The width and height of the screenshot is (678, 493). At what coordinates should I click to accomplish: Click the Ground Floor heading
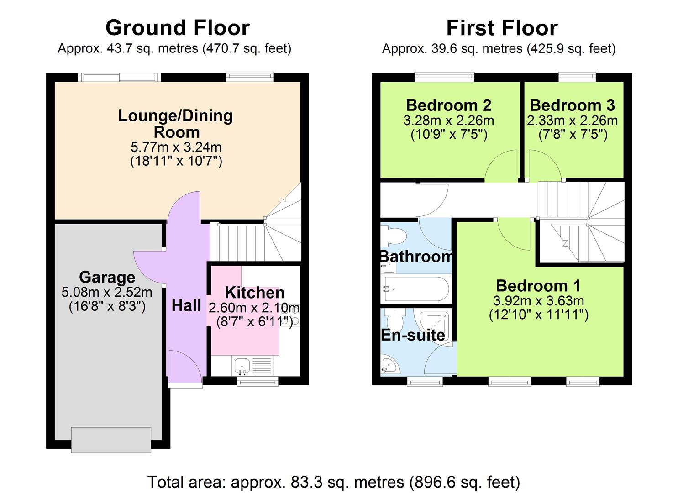pos(177,28)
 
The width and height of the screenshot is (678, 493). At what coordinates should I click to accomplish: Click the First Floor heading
pos(501,28)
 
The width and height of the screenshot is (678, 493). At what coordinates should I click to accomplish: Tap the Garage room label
pos(107,277)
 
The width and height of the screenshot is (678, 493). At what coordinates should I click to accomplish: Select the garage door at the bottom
pos(111,440)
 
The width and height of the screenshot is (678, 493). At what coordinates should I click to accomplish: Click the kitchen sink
pos(242,365)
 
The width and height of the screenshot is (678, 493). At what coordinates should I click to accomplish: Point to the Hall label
pos(186,305)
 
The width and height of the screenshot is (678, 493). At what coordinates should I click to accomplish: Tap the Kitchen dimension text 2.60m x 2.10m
pos(254,308)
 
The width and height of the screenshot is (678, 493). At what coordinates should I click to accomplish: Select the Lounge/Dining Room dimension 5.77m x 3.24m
pos(176,147)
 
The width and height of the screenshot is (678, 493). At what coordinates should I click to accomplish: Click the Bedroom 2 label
pos(448,105)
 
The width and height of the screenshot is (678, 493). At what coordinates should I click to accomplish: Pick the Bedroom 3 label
pos(572,105)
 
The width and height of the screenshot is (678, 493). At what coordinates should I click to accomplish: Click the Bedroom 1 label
pos(538,286)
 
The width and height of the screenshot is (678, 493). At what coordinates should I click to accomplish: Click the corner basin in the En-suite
pos(389,366)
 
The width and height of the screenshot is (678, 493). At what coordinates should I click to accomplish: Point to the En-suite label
pos(413,335)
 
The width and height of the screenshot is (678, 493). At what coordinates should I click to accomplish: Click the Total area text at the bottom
pos(333,482)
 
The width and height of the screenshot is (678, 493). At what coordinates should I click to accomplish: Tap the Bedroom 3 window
pos(578,77)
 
